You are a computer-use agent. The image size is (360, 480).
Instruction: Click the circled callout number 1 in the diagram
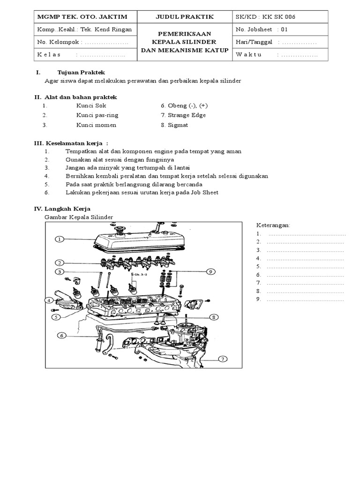[60, 239]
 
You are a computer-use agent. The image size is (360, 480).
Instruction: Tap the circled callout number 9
[210, 271]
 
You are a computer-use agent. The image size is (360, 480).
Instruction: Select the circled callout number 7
[223, 359]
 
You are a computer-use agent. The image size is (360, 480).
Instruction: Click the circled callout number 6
[61, 335]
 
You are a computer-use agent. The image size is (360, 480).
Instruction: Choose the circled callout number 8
[213, 317]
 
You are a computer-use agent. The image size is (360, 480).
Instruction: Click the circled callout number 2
[60, 262]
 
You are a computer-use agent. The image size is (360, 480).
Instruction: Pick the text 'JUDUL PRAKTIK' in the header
[185, 17]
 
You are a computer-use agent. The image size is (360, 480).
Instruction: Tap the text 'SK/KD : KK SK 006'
[266, 17]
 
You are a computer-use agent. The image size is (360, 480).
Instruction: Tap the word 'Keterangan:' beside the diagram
[274, 225]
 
